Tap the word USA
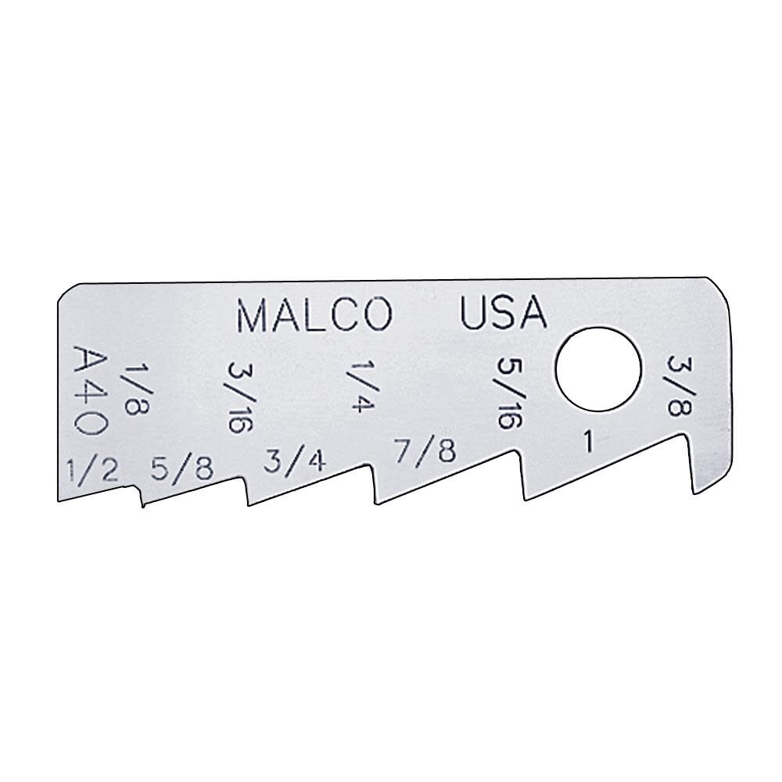click(502, 314)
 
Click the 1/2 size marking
click(92, 472)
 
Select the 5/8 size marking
click(181, 468)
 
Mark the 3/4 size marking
click(293, 461)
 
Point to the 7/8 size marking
click(424, 452)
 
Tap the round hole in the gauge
click(598, 369)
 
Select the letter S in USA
click(503, 314)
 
